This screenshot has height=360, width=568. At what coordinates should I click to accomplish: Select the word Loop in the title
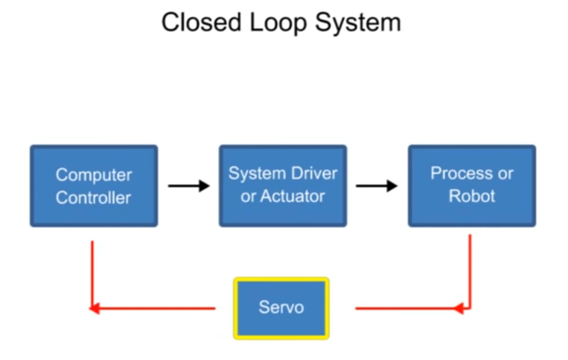278,22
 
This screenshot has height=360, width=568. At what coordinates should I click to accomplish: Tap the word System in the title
358,22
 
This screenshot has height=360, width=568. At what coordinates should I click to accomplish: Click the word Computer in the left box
94,175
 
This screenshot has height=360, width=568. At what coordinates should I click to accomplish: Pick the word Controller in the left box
94,198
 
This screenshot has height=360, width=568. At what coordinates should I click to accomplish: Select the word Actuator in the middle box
292,197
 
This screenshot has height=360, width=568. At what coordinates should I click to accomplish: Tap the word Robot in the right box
472,196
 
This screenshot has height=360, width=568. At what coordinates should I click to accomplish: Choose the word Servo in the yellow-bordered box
281,307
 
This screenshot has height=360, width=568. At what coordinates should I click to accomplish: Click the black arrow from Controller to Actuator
189,186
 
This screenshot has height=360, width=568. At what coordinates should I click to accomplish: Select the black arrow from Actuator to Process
376,186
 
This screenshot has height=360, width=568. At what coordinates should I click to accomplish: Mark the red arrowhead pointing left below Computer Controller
95,308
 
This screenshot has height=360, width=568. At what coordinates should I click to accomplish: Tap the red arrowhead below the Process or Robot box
459,308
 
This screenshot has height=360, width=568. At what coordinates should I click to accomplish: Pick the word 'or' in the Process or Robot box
505,174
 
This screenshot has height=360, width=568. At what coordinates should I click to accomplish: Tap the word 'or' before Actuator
248,197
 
